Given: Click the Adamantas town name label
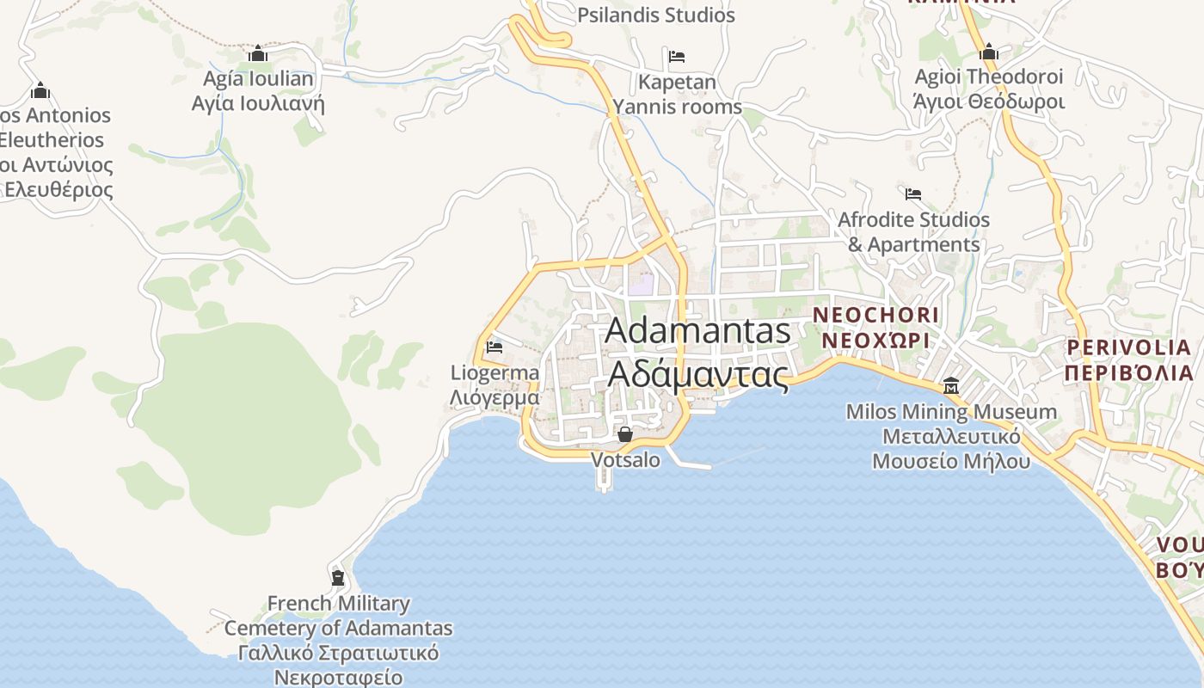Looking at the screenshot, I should click(x=697, y=353).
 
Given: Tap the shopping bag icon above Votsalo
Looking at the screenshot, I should click(x=625, y=434).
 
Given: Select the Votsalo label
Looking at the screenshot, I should click(x=625, y=460).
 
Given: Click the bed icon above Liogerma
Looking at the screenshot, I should click(x=494, y=347).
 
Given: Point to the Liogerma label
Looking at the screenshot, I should click(x=494, y=384).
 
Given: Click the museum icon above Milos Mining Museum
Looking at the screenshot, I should click(x=951, y=385).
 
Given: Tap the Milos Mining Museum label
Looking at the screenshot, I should click(x=951, y=436).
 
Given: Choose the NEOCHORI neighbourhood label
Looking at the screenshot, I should click(x=875, y=327).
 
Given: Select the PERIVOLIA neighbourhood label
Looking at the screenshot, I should click(x=1129, y=359).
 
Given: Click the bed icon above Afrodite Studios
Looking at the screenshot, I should click(x=913, y=194).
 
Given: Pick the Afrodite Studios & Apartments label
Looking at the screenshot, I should click(x=913, y=232).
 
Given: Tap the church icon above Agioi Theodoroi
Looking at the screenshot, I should click(x=989, y=52).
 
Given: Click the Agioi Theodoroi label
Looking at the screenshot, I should click(x=989, y=89).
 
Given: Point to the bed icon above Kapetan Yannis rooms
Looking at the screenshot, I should click(x=677, y=57).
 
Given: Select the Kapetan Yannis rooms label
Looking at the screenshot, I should click(x=677, y=95).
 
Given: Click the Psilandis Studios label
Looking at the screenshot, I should click(x=655, y=15).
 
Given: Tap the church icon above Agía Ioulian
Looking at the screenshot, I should click(x=258, y=54).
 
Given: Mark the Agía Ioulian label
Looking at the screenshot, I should click(x=258, y=91).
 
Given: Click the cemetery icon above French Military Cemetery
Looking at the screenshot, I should click(x=338, y=577).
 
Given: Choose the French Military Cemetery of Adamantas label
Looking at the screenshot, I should click(x=338, y=640).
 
